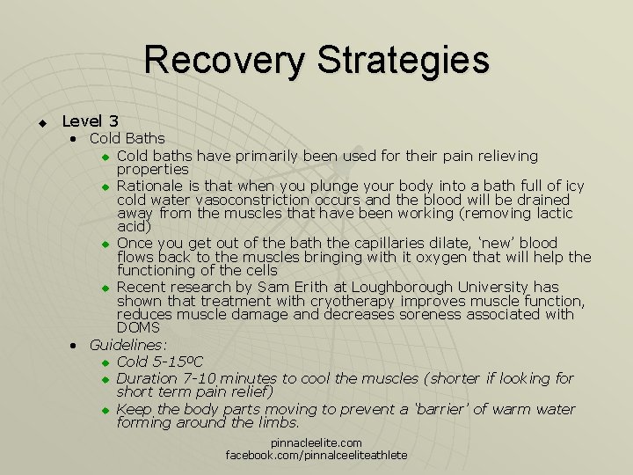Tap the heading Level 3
tap(91, 121)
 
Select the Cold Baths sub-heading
tap(127, 138)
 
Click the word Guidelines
tap(128, 345)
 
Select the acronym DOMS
tap(138, 327)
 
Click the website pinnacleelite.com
tap(316, 443)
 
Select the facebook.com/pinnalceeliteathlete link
tap(316, 455)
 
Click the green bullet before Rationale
tap(104, 186)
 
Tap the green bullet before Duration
tap(104, 379)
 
